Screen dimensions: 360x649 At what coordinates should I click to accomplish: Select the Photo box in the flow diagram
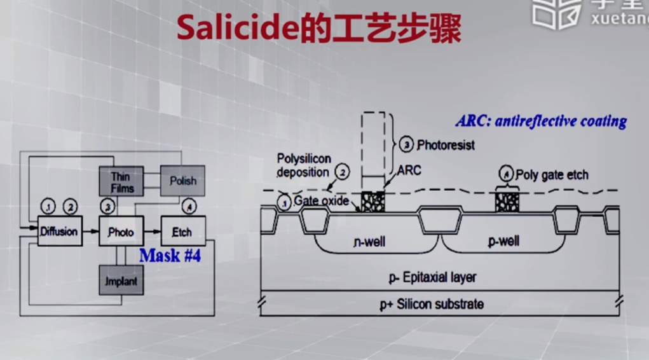tap(121, 232)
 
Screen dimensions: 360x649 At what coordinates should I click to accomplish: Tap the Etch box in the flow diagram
tap(182, 232)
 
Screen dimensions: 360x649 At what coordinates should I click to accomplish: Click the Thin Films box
tap(121, 181)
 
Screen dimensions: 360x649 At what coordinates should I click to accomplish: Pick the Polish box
tap(182, 181)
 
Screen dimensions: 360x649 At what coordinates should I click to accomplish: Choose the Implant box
tap(121, 280)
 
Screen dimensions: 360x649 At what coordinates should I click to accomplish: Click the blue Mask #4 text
tap(170, 256)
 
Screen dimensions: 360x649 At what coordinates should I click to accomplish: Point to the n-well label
tap(369, 242)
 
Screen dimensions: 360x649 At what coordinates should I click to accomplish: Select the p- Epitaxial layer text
tap(432, 277)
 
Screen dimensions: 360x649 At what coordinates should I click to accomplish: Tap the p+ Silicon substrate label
tap(432, 304)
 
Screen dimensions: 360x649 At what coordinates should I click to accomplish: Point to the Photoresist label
tap(446, 145)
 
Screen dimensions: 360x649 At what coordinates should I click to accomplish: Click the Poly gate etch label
tap(552, 175)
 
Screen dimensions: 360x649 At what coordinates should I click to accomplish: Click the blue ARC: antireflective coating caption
tap(541, 121)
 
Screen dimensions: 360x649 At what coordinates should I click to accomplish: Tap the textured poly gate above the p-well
tap(507, 202)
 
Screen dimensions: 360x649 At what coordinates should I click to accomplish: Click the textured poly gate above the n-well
tap(373, 202)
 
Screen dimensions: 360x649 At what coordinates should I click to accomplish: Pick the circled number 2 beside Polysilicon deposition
tap(343, 172)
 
